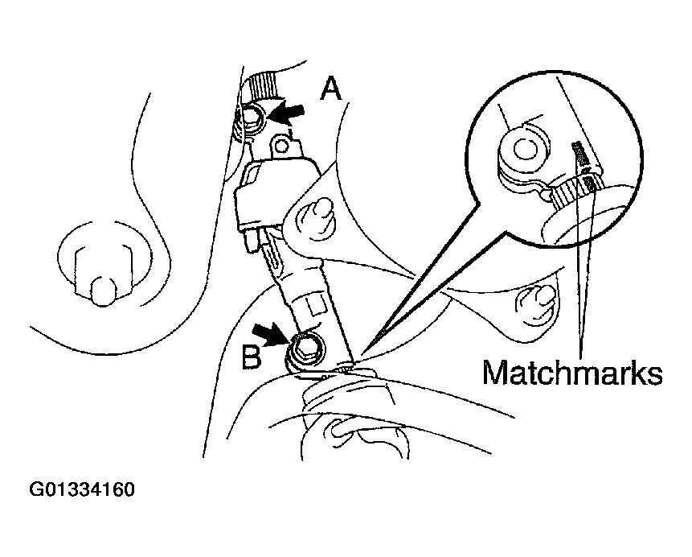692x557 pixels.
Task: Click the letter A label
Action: (331, 89)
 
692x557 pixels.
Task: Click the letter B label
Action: (252, 357)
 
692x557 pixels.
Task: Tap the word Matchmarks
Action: (572, 373)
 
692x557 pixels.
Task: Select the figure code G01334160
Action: (82, 490)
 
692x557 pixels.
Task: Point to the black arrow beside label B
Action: (270, 333)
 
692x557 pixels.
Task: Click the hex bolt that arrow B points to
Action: (305, 347)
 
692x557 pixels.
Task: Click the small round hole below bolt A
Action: (280, 144)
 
